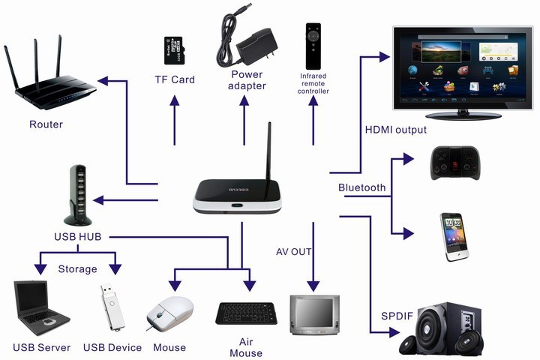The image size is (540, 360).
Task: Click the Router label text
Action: pyautogui.click(x=46, y=124)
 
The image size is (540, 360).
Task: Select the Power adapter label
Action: pyautogui.click(x=246, y=80)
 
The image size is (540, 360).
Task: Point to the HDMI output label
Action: pyautogui.click(x=395, y=130)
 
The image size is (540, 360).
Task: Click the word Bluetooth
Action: pyautogui.click(x=361, y=187)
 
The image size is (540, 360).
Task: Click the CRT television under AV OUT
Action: pyautogui.click(x=314, y=316)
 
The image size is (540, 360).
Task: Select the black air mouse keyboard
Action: pyautogui.click(x=246, y=312)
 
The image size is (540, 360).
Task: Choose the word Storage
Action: pyautogui.click(x=77, y=268)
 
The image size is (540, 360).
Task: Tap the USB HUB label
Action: pyautogui.click(x=78, y=237)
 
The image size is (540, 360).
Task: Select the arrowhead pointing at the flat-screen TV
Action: pyautogui.click(x=384, y=55)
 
